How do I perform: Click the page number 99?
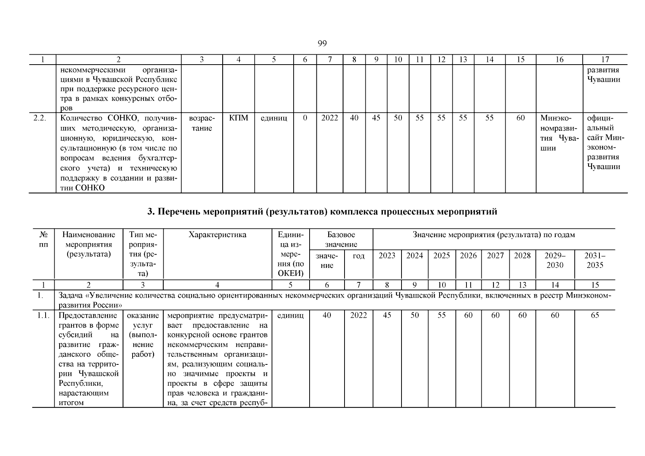(322, 43)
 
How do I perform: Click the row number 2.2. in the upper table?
(40, 118)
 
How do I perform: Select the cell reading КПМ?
(239, 118)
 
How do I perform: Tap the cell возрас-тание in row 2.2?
(202, 123)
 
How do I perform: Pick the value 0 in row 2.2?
(305, 118)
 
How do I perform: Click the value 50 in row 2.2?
(398, 118)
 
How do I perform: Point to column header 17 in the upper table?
(605, 59)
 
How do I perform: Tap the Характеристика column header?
(217, 235)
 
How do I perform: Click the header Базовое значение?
(341, 239)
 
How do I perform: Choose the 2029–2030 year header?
(555, 260)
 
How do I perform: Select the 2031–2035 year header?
(594, 260)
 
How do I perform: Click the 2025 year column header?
(441, 256)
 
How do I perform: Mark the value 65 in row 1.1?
(594, 315)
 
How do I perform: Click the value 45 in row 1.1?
(387, 315)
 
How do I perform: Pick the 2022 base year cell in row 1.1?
(358, 315)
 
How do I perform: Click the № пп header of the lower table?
(43, 239)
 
